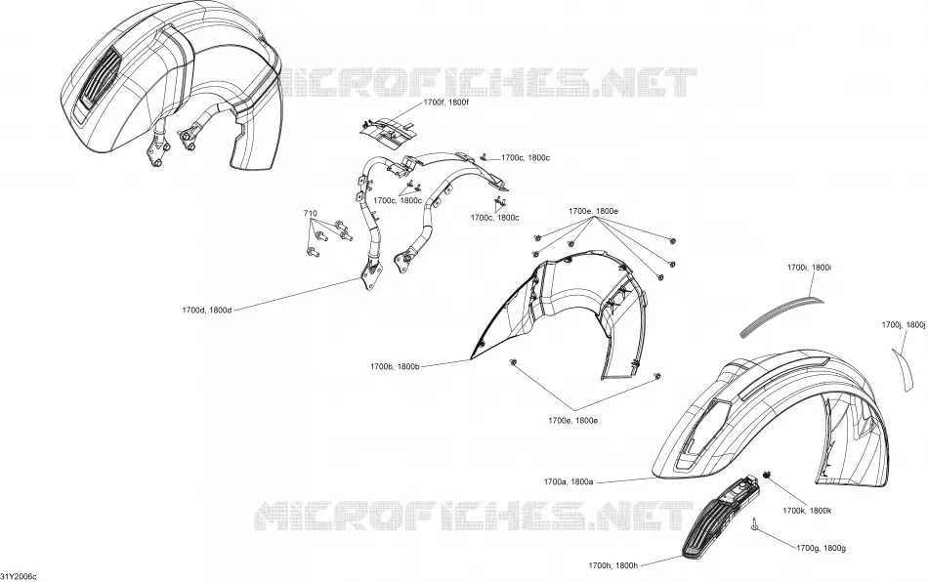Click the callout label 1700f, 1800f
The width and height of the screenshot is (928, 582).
point(446,103)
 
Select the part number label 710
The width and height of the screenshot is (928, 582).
point(310,213)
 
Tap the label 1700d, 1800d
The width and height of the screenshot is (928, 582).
point(206,310)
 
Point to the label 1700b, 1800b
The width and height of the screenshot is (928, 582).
point(395,367)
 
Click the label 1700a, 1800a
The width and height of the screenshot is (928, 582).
point(569,482)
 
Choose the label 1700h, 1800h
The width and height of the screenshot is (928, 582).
point(613,565)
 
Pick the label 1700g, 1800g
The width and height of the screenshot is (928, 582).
point(821,548)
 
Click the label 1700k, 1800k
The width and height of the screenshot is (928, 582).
point(807,511)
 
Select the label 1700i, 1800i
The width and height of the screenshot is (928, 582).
point(809,268)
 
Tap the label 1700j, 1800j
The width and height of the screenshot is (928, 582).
point(904,325)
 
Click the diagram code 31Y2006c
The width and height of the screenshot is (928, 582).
point(19,577)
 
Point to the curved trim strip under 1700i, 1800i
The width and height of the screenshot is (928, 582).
point(781,315)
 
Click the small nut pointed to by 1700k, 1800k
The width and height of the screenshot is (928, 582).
point(768,475)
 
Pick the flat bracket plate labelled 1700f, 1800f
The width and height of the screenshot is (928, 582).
point(385,133)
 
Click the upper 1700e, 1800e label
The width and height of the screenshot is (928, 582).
point(594,211)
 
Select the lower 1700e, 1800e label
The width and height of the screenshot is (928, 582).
point(572,421)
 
